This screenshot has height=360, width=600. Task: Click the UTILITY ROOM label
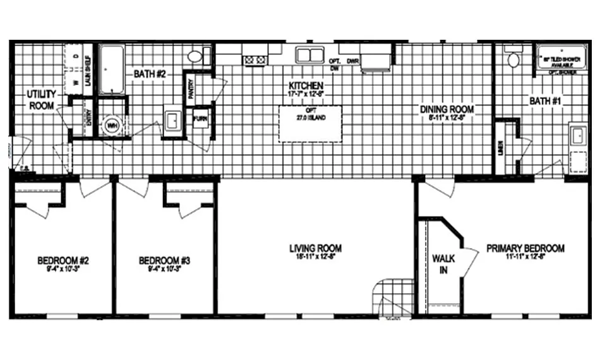pyautogui.click(x=40, y=100)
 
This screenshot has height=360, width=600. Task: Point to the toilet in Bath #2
pyautogui.click(x=195, y=56)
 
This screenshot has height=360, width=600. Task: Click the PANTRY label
pyautogui.click(x=190, y=87)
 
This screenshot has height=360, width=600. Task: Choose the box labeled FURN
pyautogui.click(x=200, y=119)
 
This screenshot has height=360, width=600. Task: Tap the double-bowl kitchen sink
pyautogui.click(x=309, y=55)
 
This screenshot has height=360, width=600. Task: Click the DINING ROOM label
pyautogui.click(x=447, y=109)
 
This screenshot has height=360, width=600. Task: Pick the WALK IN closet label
pyautogui.click(x=440, y=265)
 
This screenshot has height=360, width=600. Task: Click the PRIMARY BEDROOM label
pyautogui.click(x=525, y=248)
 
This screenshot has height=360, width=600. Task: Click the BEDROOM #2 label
pyautogui.click(x=61, y=260)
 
